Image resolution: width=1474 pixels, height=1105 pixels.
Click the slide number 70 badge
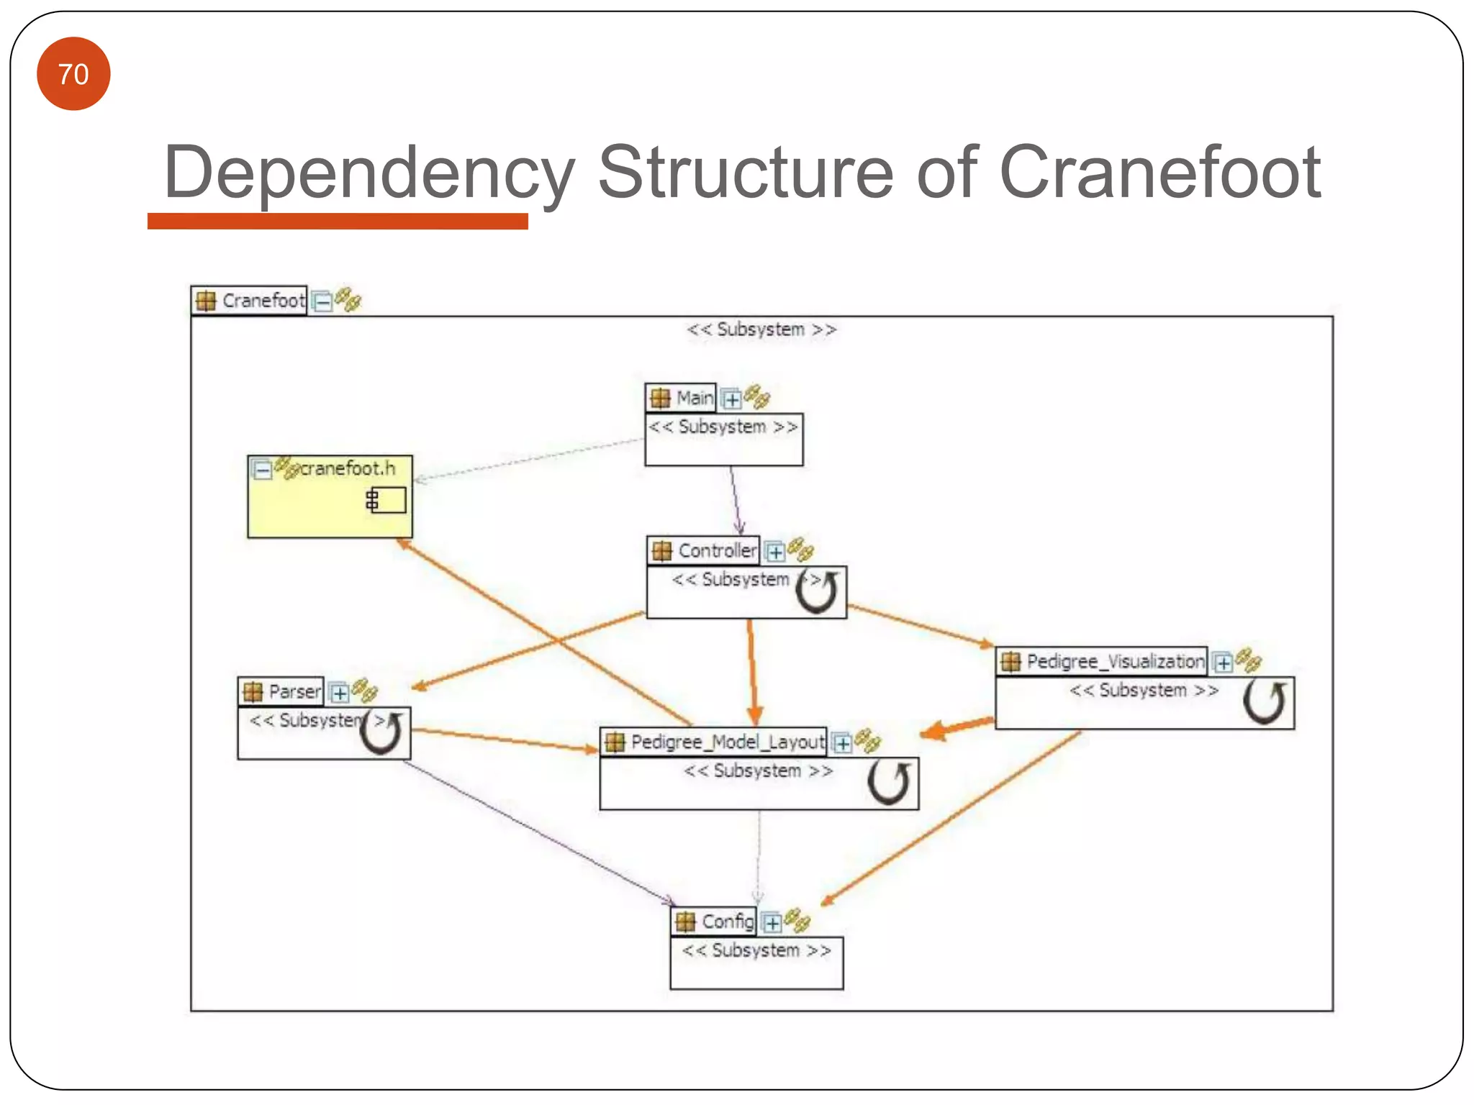pos(73,74)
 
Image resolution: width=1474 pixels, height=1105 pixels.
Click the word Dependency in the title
pos(369,172)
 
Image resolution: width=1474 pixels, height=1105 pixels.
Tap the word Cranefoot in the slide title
pos(1159,172)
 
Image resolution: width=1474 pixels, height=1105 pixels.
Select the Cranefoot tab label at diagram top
pos(263,300)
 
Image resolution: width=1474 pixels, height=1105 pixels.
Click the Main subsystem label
pos(694,398)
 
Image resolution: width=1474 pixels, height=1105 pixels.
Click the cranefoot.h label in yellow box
pos(347,468)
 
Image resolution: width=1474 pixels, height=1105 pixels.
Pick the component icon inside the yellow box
pos(386,499)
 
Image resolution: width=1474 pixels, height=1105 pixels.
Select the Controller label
pos(717,551)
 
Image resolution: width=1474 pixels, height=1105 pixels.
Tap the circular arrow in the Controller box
pos(818,592)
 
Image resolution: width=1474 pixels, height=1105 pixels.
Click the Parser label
pos(294,691)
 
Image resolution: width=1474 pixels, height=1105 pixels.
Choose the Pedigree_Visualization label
pos(1115,661)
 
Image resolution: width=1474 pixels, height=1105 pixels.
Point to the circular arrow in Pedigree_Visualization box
pos(1265,702)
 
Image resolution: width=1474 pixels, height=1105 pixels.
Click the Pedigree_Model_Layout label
pos(727,742)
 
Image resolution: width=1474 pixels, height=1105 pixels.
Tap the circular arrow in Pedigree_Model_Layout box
pos(889,783)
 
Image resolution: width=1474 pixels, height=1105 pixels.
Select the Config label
pos(727,922)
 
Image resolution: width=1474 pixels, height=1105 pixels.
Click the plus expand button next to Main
pos(731,399)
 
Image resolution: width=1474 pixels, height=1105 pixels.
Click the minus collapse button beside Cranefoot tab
pos(323,301)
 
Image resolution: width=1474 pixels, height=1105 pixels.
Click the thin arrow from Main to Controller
pos(735,500)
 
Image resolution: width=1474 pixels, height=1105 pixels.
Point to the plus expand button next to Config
pos(772,922)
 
